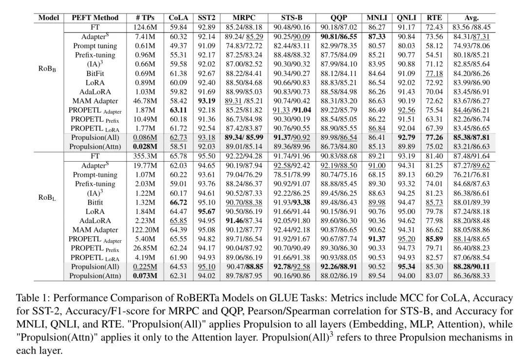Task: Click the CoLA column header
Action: [178, 18]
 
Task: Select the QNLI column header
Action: [406, 18]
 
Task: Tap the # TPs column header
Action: [145, 18]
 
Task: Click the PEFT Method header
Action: [95, 18]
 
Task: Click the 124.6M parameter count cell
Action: [145, 27]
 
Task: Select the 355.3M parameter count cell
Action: [145, 156]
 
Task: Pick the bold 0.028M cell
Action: [145, 147]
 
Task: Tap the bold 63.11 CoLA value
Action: [178, 110]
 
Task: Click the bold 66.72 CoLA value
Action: [178, 202]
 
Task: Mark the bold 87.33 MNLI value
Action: [376, 37]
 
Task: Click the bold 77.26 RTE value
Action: [433, 138]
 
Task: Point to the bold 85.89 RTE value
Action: [433, 239]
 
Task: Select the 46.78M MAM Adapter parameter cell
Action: [145, 101]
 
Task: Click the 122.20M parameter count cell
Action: [145, 230]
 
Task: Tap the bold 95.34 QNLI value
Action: [406, 267]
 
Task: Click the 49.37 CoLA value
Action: [178, 46]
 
